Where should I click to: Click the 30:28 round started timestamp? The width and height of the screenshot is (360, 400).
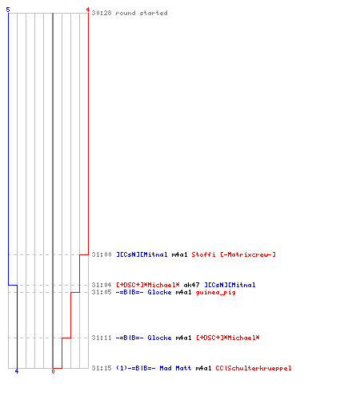point(102,13)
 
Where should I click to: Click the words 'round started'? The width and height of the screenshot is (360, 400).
point(142,13)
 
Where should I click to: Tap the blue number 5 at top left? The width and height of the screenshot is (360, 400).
point(8,10)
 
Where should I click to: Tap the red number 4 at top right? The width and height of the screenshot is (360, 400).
point(87,10)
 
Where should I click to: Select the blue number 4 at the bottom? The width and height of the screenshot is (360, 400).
point(17,371)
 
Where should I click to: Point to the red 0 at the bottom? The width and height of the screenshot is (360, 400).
point(53,371)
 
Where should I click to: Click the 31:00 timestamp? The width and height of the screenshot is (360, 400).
point(102,254)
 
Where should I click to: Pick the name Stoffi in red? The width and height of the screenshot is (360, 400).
point(203,254)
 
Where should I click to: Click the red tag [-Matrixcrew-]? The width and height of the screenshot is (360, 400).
point(248,254)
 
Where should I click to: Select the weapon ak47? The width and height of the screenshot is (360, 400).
point(191,285)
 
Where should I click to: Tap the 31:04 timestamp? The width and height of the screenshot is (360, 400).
point(102,285)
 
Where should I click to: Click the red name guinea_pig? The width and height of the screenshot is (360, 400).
point(215,292)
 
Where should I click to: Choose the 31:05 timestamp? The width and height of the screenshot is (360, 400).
point(102,292)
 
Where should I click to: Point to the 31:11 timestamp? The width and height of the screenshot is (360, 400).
point(102,338)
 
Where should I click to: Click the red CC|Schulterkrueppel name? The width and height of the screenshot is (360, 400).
point(254,368)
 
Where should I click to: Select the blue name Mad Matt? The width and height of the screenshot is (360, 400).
point(175,368)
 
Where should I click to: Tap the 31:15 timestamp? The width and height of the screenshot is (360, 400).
point(102,368)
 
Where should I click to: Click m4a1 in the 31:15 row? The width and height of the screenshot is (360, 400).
point(203,368)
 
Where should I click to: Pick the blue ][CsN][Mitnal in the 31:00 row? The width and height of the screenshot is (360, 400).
point(142,254)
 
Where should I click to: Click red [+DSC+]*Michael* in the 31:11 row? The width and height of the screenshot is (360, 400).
point(228,338)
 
